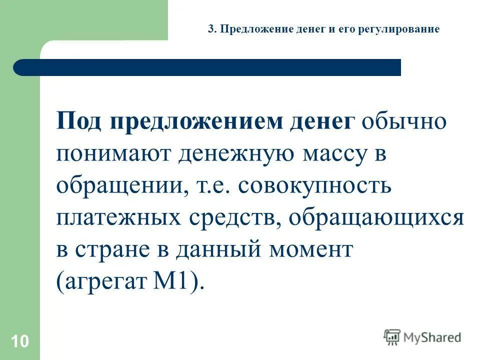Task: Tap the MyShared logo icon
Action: [x=392, y=337]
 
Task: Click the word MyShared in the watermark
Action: [x=431, y=337]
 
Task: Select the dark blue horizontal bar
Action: [x=207, y=67]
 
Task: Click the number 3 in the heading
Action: [x=210, y=29]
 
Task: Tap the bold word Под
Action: [x=80, y=121]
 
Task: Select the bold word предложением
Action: [x=196, y=121]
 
